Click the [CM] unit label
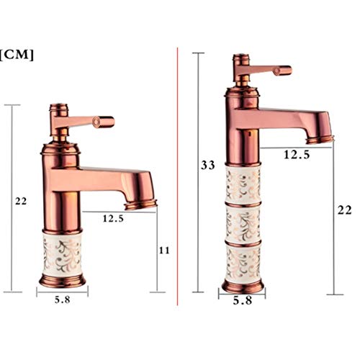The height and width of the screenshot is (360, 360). tap(17, 55)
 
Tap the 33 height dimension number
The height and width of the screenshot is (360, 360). tap(208, 166)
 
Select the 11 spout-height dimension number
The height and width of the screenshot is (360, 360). tap(164, 251)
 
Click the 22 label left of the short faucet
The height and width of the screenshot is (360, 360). tap(21, 201)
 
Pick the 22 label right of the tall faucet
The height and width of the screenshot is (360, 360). tap(345, 210)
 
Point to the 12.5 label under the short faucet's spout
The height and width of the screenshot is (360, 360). tap(113, 218)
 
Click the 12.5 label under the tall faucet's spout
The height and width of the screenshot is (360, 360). tap(297, 155)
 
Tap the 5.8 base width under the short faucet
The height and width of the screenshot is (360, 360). tap(63, 300)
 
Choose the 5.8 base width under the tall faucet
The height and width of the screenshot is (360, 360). tap(243, 300)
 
